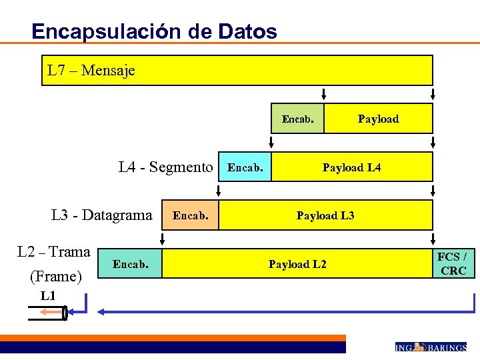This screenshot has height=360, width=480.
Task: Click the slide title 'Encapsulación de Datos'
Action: [x=154, y=31]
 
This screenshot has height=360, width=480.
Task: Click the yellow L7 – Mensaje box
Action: [x=237, y=70]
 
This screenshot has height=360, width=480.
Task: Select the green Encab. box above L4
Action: [x=297, y=119]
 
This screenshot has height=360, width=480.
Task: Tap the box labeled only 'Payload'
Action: [x=378, y=119]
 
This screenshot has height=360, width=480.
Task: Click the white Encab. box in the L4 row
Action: [x=245, y=167]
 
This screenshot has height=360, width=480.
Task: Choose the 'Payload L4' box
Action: [x=352, y=167]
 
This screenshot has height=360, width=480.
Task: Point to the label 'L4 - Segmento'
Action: [x=165, y=167]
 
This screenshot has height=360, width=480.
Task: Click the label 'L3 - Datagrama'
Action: [x=101, y=215]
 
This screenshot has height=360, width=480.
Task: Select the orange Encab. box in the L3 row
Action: [x=191, y=215]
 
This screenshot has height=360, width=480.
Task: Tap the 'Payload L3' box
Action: [x=325, y=215]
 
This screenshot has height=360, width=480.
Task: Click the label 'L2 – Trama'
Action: [x=53, y=252]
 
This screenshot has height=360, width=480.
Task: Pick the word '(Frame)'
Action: [x=56, y=276]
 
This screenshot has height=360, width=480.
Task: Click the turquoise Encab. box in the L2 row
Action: [x=130, y=264]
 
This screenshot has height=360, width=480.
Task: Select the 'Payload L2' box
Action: [x=297, y=264]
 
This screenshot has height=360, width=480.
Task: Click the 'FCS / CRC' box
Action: [x=453, y=264]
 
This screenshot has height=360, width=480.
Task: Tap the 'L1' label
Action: [x=47, y=296]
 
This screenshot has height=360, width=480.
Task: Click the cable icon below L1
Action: [x=48, y=312]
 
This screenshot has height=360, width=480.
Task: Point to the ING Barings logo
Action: [x=430, y=347]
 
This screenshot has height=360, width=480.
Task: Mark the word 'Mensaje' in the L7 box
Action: [x=108, y=71]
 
